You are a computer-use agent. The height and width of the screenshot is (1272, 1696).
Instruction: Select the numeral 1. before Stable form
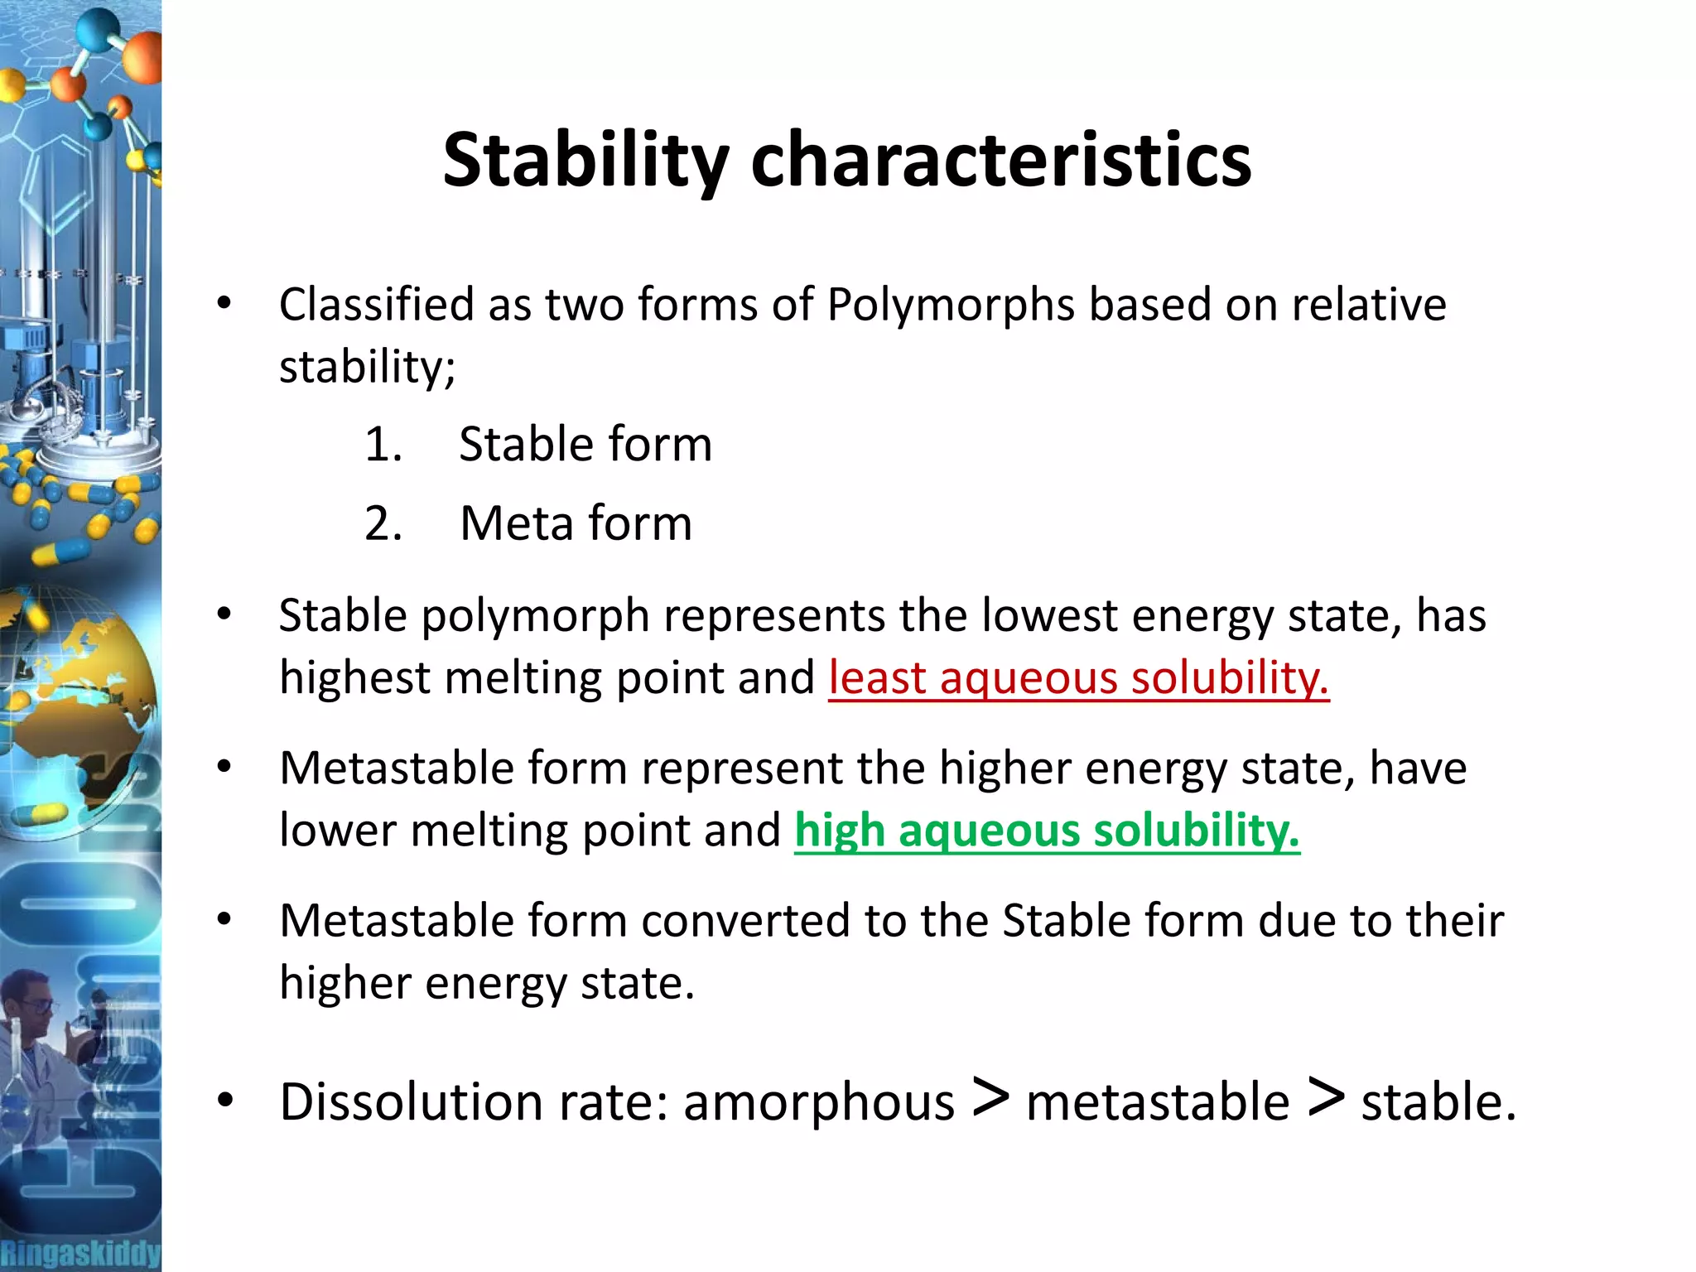[383, 445]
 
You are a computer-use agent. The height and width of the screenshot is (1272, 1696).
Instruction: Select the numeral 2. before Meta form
[383, 523]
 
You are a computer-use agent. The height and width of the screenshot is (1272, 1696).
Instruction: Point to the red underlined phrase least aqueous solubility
[1078, 678]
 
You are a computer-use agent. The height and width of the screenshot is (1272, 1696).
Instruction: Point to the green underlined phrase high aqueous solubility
[1047, 831]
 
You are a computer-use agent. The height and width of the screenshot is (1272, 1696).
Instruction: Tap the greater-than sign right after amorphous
[990, 1098]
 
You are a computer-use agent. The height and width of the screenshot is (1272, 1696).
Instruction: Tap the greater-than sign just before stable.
[1326, 1098]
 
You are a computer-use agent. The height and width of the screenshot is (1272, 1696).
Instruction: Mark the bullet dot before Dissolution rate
[224, 1101]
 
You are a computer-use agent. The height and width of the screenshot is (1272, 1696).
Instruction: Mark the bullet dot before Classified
[224, 305]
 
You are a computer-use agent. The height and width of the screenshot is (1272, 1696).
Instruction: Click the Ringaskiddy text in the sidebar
[79, 1252]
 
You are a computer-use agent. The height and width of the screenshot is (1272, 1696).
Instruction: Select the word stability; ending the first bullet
[367, 367]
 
